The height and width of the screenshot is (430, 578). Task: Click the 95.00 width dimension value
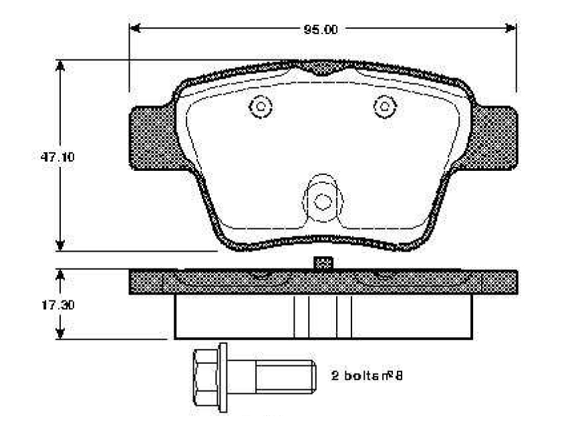pos(320,29)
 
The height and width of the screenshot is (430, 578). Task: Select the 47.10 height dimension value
pos(57,158)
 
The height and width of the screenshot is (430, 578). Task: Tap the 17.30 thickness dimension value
pos(58,305)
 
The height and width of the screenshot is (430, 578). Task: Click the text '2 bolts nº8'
pos(367,376)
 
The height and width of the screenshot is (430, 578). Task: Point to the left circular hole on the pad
pos(261,107)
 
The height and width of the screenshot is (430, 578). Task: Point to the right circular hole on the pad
pos(385,107)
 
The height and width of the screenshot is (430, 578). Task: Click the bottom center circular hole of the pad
pos(323,202)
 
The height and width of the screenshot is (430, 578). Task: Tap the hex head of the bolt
pos(205,378)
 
